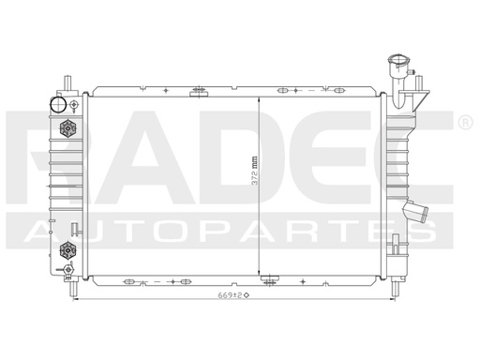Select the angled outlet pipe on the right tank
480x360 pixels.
(414, 213)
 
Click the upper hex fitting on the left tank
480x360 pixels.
(67, 128)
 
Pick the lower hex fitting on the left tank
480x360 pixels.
(67, 249)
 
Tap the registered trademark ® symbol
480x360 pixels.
(465, 123)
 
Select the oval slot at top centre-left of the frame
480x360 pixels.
(198, 91)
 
